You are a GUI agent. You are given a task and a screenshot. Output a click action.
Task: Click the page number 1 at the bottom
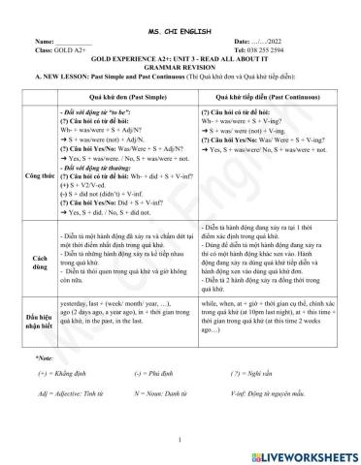[181, 438]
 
